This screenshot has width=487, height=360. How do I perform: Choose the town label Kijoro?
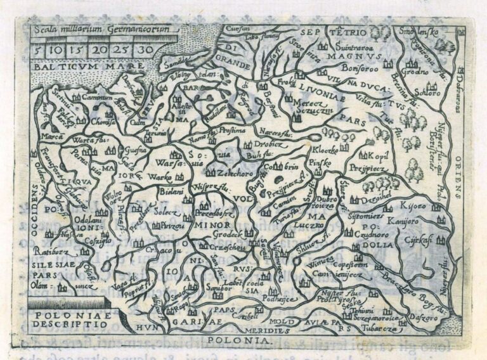point(412,205)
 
